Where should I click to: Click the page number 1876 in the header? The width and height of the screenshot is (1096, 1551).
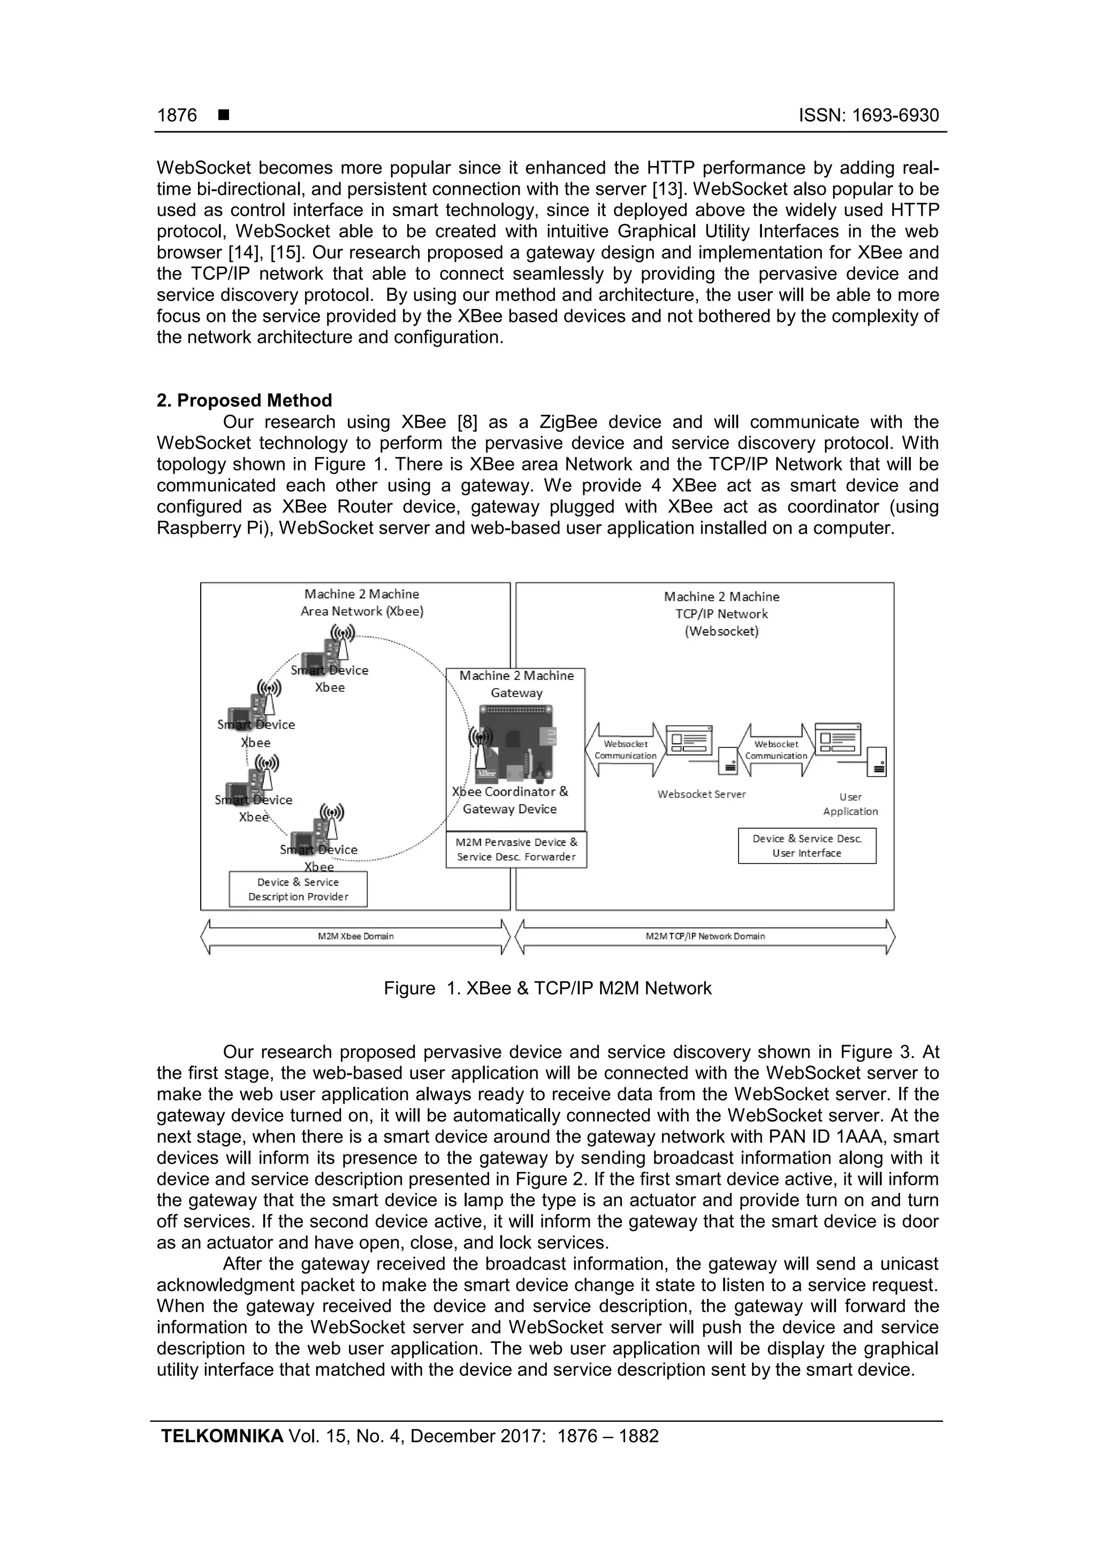[x=177, y=116]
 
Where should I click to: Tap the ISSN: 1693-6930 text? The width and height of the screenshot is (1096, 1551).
[x=869, y=116]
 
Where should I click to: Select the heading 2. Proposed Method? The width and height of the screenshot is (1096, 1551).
[x=245, y=400]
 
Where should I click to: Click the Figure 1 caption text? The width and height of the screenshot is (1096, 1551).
[x=547, y=988]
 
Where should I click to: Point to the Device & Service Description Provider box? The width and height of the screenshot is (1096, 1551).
[x=299, y=889]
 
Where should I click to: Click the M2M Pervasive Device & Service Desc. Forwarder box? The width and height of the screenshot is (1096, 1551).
[x=516, y=850]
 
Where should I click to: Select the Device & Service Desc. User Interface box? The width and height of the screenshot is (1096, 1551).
[x=807, y=846]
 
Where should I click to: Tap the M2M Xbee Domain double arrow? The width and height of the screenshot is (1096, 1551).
[x=355, y=936]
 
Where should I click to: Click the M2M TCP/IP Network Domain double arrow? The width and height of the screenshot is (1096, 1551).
[x=705, y=936]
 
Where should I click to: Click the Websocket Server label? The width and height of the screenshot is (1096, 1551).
[x=702, y=795]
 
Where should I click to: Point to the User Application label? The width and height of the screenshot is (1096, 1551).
[x=850, y=805]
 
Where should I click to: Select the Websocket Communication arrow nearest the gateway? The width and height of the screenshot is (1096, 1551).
[x=625, y=750]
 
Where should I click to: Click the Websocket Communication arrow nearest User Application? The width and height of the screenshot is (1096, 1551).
[x=776, y=750]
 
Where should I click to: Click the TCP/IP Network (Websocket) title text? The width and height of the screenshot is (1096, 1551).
[x=722, y=623]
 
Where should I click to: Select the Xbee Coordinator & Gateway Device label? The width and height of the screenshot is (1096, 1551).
[x=510, y=800]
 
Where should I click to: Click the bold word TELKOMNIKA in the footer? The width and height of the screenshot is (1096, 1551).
[x=222, y=1436]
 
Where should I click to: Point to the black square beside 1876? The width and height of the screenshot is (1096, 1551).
[x=224, y=116]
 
